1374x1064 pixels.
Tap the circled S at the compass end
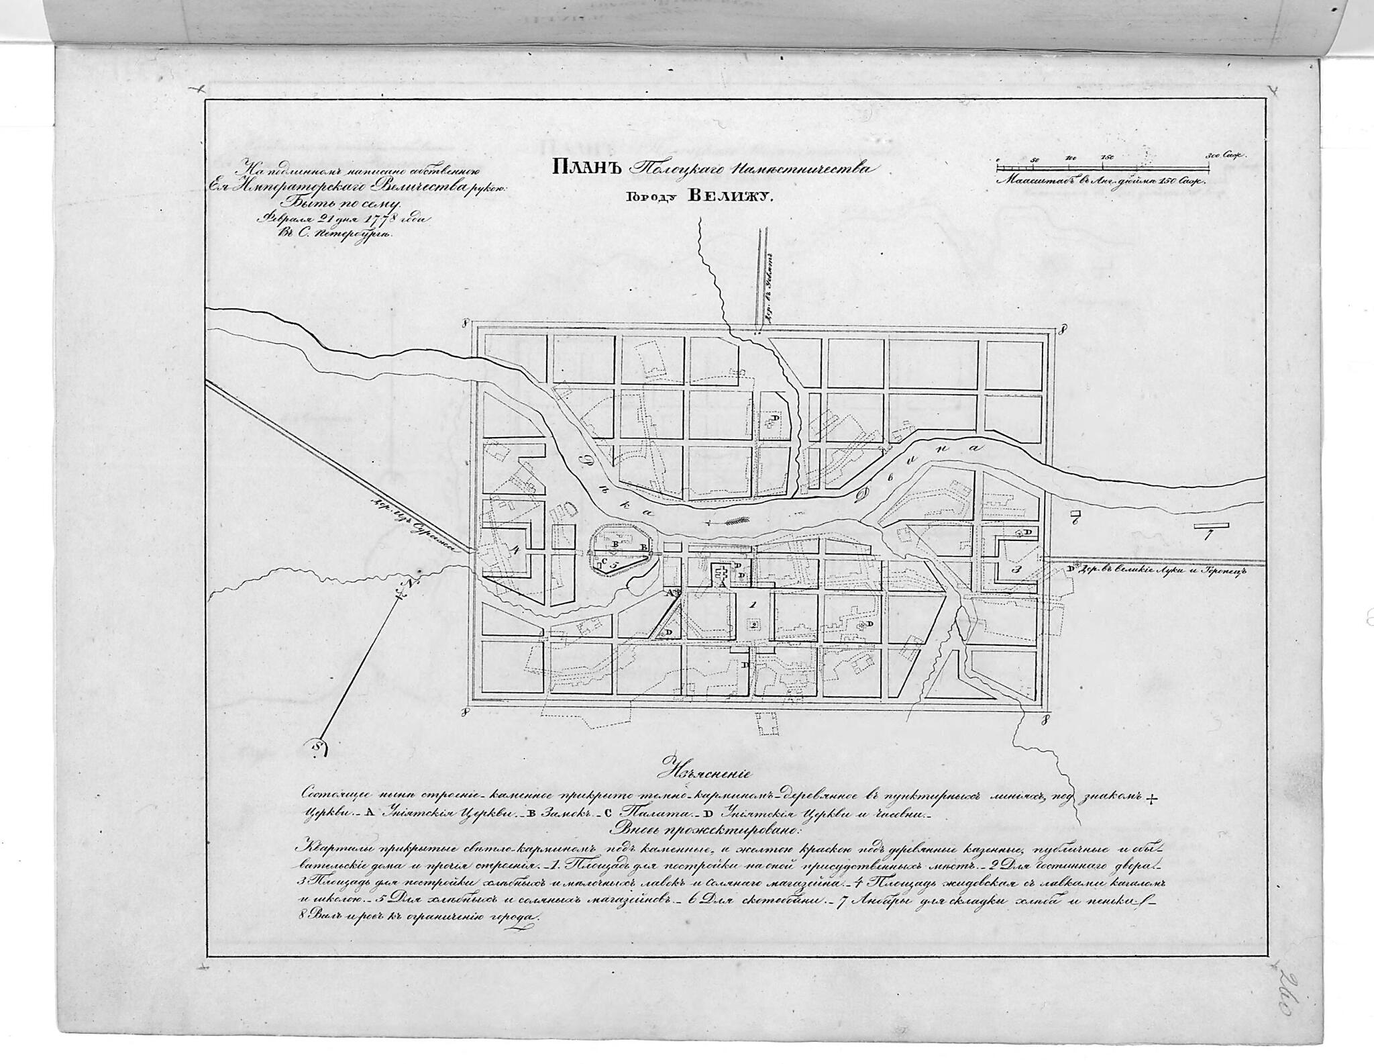pyautogui.click(x=318, y=746)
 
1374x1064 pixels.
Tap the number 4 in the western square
pyautogui.click(x=515, y=548)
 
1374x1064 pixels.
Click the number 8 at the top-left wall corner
pyautogui.click(x=464, y=324)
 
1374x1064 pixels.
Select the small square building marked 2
pyautogui.click(x=755, y=625)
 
